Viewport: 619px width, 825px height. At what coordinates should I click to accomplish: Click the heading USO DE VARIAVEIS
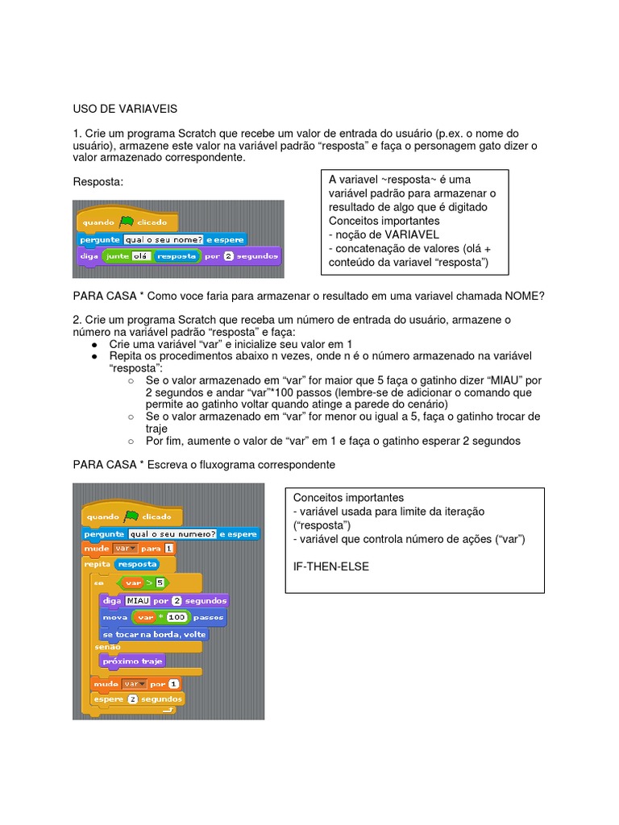pos(125,108)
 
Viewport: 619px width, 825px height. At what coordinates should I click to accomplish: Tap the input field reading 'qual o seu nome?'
pos(164,239)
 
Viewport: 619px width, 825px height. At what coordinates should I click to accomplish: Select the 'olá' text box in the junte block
pos(142,256)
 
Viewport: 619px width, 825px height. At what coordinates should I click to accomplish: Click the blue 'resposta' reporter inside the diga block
pos(177,256)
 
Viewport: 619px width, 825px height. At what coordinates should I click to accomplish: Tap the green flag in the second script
pos(131,516)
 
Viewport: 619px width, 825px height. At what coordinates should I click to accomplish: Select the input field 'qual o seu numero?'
pos(172,533)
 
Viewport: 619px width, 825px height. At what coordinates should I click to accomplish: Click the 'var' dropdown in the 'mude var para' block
pos(125,548)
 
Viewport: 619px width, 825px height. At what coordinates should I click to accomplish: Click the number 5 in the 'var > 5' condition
pos(160,582)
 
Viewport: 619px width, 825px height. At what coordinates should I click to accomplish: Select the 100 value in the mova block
pos(177,617)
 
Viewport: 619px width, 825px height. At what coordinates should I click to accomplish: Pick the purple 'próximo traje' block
pos(132,661)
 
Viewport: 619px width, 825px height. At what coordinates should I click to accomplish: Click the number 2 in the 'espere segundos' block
pos(132,699)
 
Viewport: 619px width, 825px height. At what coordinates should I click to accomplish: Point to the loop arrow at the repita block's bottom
pos(168,711)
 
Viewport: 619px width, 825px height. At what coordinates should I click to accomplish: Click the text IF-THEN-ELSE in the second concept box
pos(331,566)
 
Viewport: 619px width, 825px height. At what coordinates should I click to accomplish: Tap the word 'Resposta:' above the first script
pos(98,182)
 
